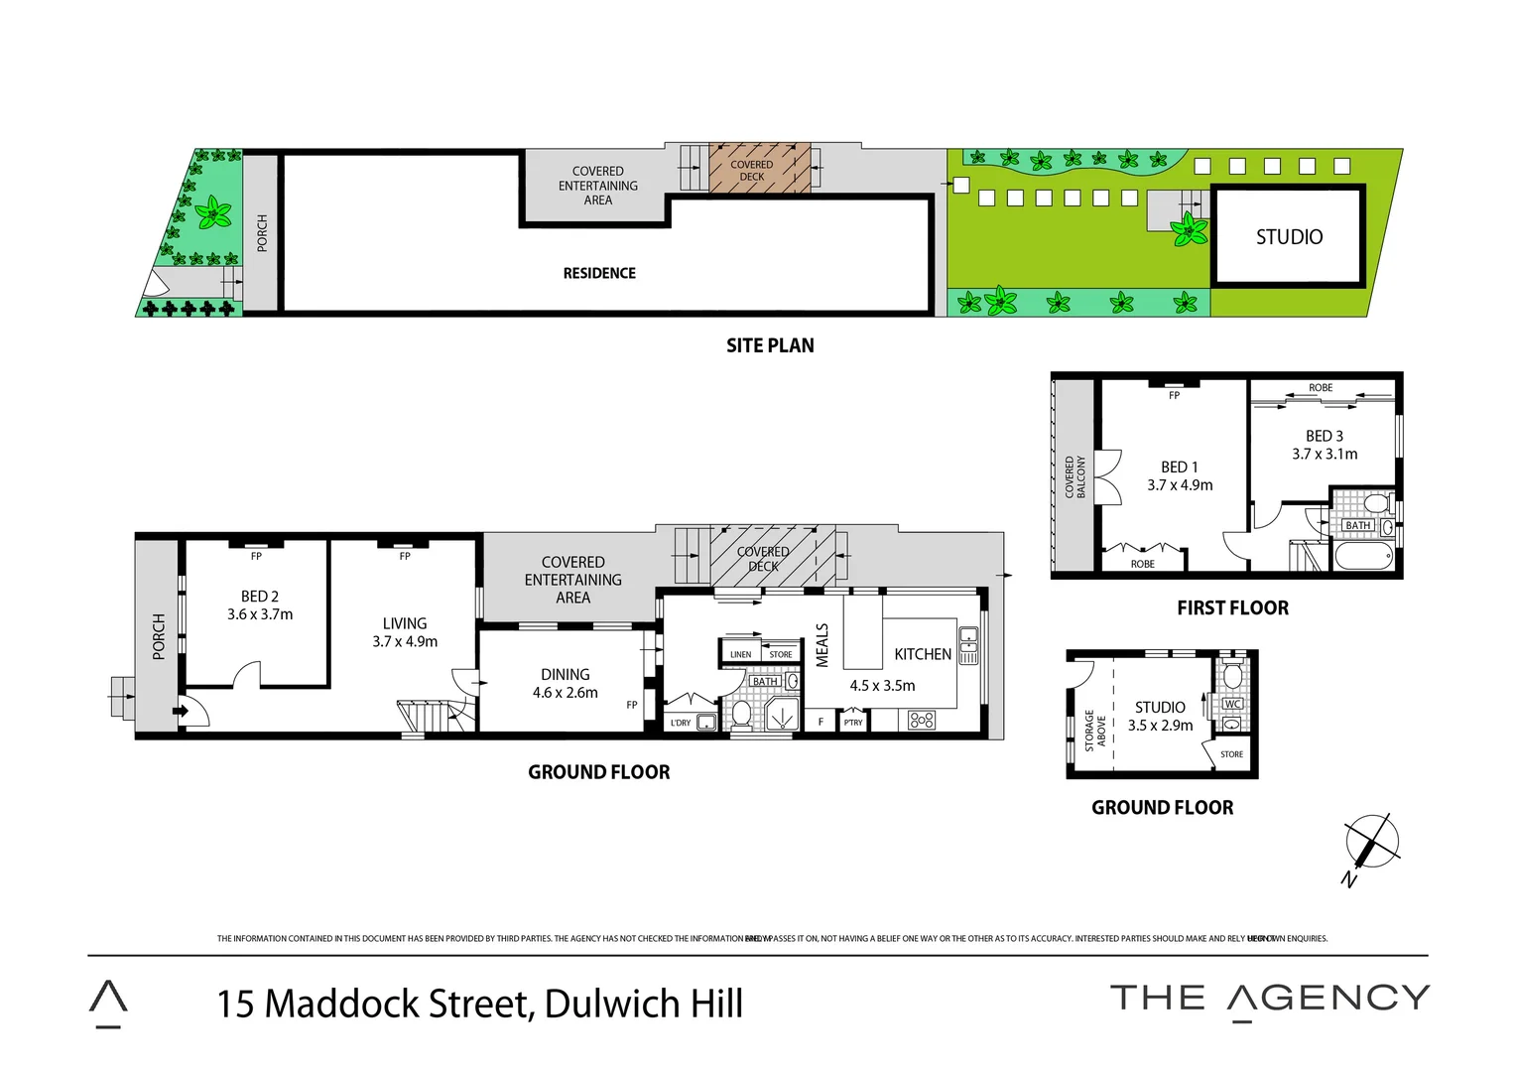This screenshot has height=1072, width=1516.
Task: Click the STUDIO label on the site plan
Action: pyautogui.click(x=1289, y=236)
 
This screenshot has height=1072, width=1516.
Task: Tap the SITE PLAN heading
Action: pyautogui.click(x=770, y=345)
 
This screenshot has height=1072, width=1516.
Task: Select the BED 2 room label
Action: pyautogui.click(x=260, y=597)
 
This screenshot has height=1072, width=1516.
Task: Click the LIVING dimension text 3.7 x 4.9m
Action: pyautogui.click(x=405, y=642)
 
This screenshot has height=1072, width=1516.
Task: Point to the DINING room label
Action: pyautogui.click(x=566, y=674)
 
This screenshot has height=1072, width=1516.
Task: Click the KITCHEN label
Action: pyautogui.click(x=923, y=654)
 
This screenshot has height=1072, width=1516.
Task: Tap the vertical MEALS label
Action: pyautogui.click(x=822, y=645)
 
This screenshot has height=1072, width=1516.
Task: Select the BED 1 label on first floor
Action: pyautogui.click(x=1180, y=467)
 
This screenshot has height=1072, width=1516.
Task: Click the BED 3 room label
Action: pyautogui.click(x=1325, y=436)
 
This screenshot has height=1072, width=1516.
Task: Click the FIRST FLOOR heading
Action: pyautogui.click(x=1232, y=607)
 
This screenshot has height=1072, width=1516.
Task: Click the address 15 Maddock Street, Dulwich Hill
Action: pyautogui.click(x=480, y=1004)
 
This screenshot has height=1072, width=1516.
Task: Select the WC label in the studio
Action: pyautogui.click(x=1232, y=704)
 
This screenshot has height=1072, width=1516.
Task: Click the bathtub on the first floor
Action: pyautogui.click(x=1363, y=556)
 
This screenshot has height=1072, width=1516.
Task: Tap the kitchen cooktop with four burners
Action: pyautogui.click(x=922, y=720)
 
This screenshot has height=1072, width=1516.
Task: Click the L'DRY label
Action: pyautogui.click(x=681, y=723)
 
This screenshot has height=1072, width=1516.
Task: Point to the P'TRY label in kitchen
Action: pyautogui.click(x=853, y=723)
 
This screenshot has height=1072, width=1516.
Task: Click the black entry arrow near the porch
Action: pyautogui.click(x=181, y=711)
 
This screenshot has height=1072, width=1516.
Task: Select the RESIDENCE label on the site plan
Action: pyautogui.click(x=599, y=273)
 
